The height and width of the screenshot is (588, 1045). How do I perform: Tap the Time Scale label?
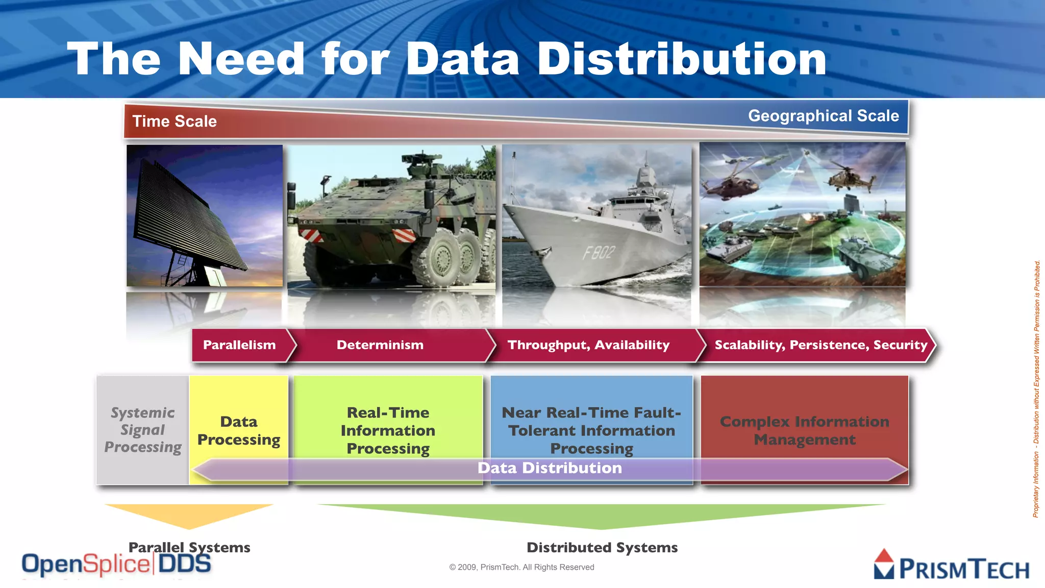175,121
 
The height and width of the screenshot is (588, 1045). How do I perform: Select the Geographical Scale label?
823,116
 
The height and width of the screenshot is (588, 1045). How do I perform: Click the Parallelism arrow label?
239,345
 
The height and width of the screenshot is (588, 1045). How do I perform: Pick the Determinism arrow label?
380,345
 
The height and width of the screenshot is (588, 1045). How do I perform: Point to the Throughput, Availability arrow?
588,345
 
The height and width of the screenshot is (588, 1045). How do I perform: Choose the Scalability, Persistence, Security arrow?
820,345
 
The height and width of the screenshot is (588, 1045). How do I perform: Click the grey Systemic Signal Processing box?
143,430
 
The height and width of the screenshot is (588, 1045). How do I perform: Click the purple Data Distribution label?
550,468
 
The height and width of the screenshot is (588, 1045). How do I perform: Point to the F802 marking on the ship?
599,252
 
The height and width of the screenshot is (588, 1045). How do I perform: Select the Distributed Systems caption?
602,548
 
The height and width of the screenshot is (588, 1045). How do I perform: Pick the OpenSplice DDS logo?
116,565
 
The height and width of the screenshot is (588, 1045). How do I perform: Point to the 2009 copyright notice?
521,567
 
